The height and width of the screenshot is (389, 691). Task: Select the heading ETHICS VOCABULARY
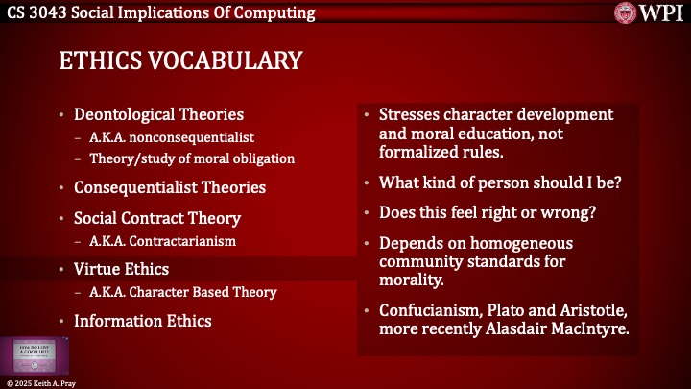coord(179,61)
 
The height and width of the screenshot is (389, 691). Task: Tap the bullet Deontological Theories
coord(158,115)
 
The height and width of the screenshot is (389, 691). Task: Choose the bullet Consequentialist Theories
coord(169,187)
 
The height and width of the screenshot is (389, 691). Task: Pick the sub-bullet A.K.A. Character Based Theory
coord(184,292)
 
